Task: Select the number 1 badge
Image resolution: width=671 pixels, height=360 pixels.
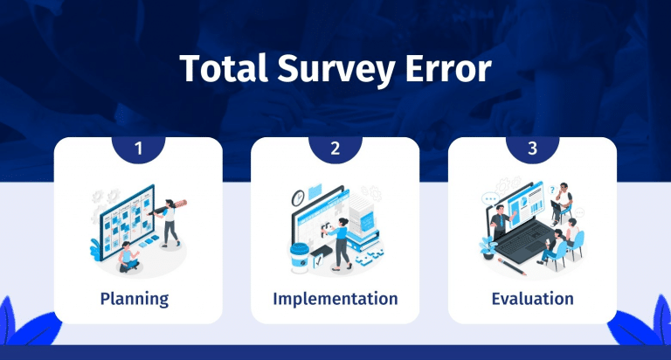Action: (138, 149)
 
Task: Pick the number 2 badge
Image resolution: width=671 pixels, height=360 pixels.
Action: (335, 149)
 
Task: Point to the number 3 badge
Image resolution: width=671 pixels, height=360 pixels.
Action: (532, 149)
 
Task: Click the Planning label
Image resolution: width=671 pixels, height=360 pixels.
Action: (135, 299)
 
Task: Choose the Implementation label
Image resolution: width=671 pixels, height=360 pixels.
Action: (335, 299)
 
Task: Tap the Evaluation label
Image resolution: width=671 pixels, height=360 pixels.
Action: (532, 299)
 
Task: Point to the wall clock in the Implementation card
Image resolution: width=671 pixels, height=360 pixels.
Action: (297, 195)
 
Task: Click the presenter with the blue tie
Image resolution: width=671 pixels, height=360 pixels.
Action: (501, 224)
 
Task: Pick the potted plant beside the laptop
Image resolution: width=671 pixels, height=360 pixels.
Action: (485, 248)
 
